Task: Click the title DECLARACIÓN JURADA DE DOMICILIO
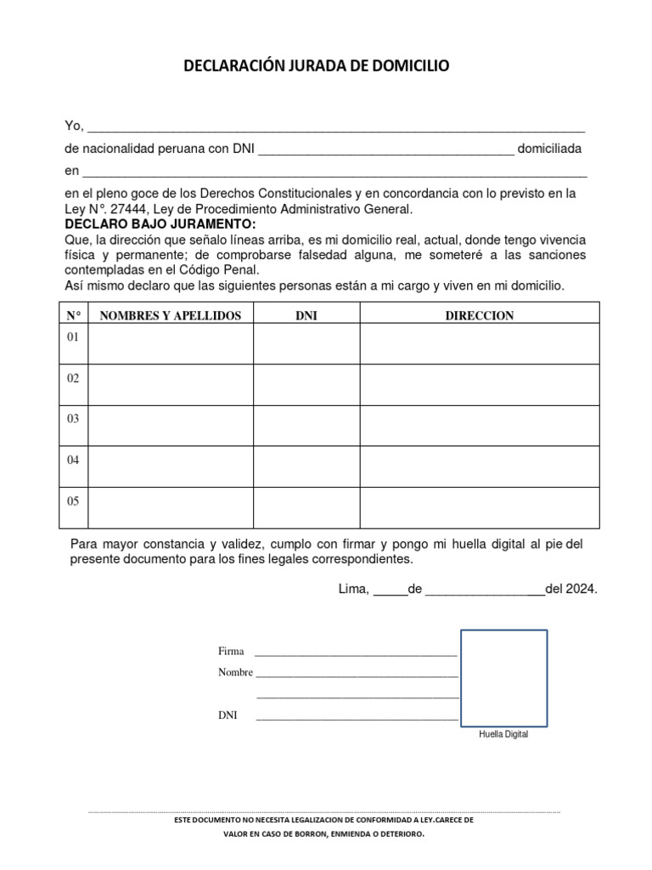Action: tap(317, 65)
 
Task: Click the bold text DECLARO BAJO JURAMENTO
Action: tap(160, 223)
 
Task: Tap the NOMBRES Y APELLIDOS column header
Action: tap(171, 315)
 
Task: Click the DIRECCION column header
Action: tap(480, 315)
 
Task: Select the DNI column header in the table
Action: tap(306, 315)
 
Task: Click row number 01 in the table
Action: tap(73, 337)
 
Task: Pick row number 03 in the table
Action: tap(73, 419)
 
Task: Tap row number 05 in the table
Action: tap(73, 501)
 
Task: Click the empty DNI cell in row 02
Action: tap(306, 384)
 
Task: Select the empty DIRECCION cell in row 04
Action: tap(480, 466)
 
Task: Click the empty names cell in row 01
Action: tap(171, 343)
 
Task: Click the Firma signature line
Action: tap(356, 654)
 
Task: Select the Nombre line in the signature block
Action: tap(357, 675)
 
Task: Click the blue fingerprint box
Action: tap(503, 677)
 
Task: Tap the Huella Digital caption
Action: tap(503, 735)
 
